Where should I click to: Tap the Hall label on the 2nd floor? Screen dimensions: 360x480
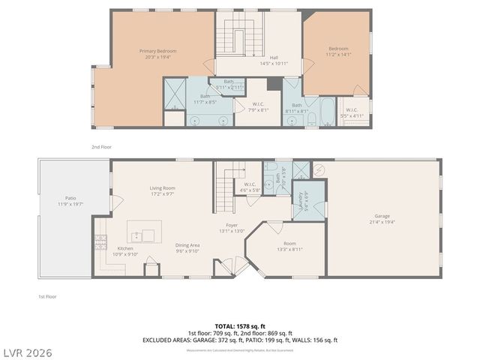pos(274,56)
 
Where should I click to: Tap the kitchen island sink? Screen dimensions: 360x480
pos(148,235)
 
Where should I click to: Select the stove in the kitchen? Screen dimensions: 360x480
pos(100,241)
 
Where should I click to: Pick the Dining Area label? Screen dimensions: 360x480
pos(187,245)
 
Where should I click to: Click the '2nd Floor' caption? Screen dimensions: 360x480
pos(101,147)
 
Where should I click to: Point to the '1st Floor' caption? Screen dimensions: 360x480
pos(48,296)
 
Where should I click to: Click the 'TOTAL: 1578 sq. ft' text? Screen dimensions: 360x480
pos(240,326)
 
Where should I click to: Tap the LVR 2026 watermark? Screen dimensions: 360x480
pos(27,351)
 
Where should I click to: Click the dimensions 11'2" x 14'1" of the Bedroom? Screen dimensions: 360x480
pos(337,55)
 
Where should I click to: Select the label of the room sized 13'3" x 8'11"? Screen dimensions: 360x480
pos(289,244)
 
